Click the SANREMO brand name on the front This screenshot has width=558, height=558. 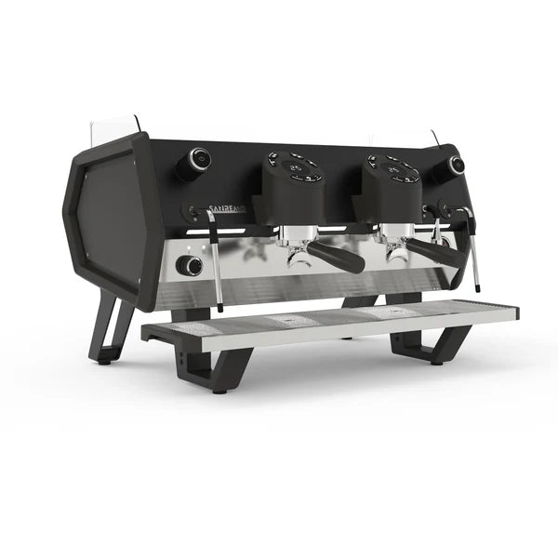[226, 209]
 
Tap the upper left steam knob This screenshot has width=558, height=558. [194, 163]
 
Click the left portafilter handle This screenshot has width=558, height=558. [336, 257]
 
